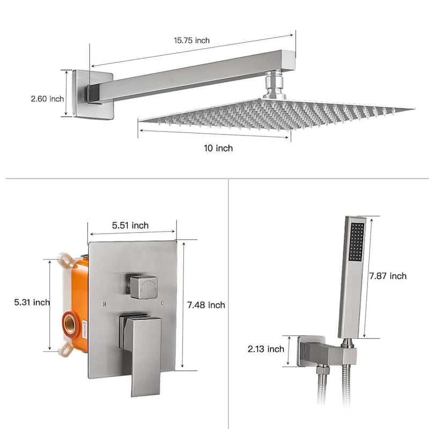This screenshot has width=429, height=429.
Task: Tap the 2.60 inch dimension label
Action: tap(47, 99)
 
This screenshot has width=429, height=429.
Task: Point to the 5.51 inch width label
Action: tap(130, 226)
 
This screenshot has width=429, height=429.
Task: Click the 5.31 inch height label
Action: tap(32, 302)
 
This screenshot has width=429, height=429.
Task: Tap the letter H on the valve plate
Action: tap(104, 304)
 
